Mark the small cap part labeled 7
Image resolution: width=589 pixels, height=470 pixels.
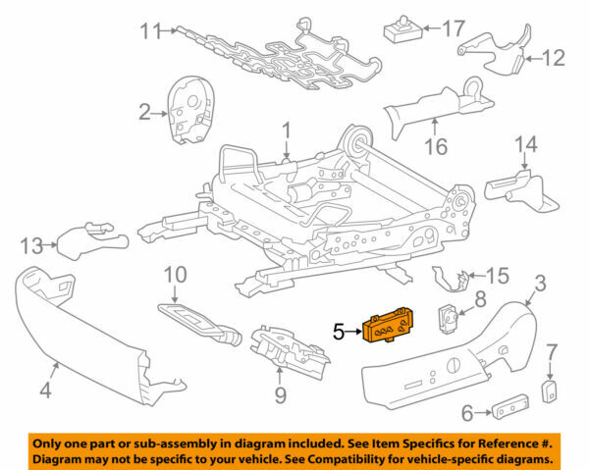click(x=551, y=392)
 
